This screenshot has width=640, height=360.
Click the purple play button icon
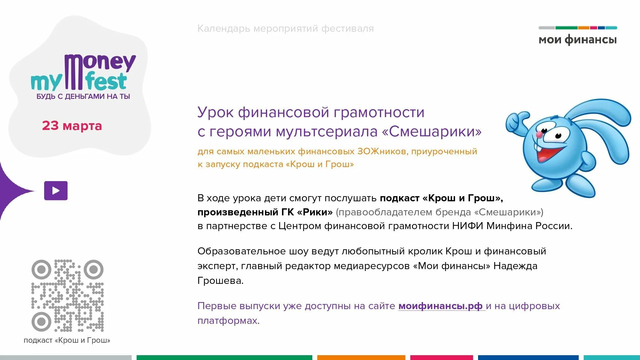click(x=56, y=191)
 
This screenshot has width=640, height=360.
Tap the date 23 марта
click(x=72, y=126)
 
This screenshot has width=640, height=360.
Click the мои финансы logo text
click(x=578, y=40)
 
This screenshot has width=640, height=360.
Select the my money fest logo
click(x=83, y=73)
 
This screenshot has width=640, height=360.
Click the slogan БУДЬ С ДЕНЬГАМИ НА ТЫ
click(x=83, y=96)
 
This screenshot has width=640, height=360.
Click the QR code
click(x=68, y=295)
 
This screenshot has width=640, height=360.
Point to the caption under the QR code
click(x=67, y=340)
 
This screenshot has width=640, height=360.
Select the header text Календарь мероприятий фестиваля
click(x=285, y=28)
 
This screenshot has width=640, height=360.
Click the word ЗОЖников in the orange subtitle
click(x=382, y=151)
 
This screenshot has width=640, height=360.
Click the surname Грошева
click(x=220, y=281)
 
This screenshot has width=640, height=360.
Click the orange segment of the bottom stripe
click(x=361, y=357)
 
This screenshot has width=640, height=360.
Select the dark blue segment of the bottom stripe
click(x=528, y=357)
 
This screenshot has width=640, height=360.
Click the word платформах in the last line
click(x=228, y=321)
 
